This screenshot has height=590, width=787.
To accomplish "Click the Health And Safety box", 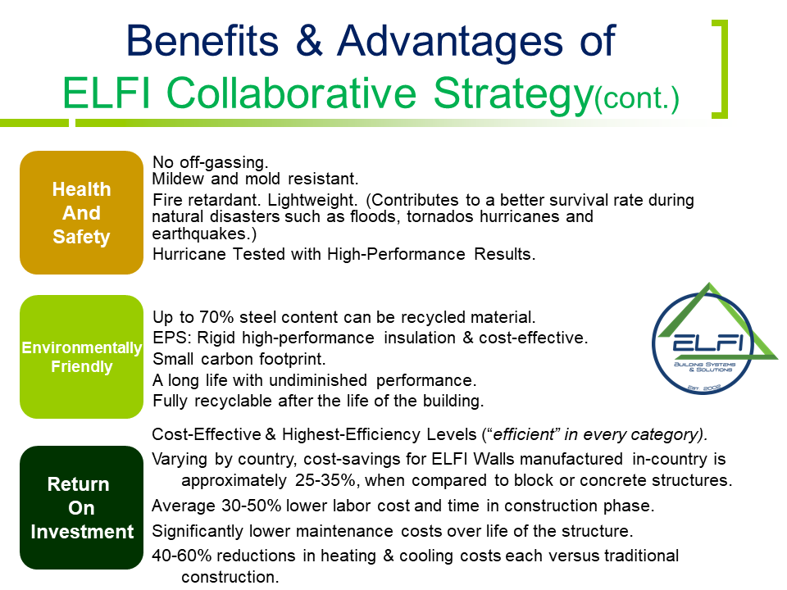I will [x=81, y=213].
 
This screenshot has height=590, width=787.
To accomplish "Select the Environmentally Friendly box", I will [x=81, y=357].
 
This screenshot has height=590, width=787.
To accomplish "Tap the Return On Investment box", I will [x=81, y=508].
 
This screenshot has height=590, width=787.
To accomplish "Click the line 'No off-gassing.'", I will [x=211, y=162].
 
